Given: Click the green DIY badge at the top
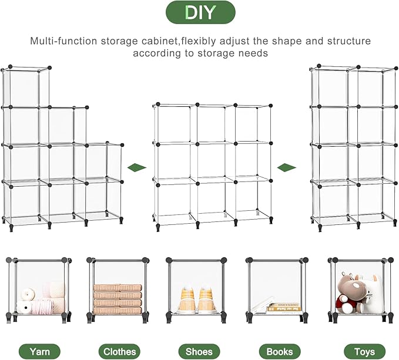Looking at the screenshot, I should [x=200, y=12].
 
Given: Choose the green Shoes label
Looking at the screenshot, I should [x=199, y=351].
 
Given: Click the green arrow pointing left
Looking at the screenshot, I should [x=136, y=167].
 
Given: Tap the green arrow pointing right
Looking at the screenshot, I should [x=287, y=167].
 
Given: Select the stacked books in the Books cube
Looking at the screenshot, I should [x=284, y=307].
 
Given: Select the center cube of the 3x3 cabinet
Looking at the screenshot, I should [x=215, y=161].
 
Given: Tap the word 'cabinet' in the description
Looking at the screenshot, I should [x=166, y=42].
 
